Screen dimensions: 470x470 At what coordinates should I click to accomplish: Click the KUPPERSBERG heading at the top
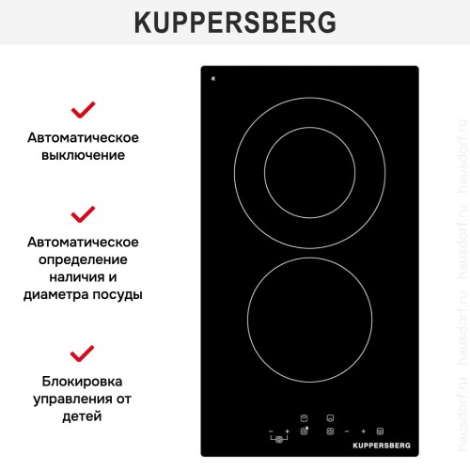(x=234, y=22)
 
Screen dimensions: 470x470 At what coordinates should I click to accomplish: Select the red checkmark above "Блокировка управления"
(x=84, y=353)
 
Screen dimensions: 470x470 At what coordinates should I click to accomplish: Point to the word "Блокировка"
(x=84, y=382)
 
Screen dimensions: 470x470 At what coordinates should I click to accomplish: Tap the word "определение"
(x=84, y=258)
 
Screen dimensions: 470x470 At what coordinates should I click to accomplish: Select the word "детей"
(x=84, y=416)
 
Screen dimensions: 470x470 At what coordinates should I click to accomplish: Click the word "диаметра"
(x=53, y=293)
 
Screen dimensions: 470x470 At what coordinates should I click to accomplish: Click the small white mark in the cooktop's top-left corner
(x=214, y=78)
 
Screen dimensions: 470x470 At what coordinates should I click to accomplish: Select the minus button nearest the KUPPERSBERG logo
(x=348, y=431)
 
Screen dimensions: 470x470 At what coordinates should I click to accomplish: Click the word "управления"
(x=70, y=399)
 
